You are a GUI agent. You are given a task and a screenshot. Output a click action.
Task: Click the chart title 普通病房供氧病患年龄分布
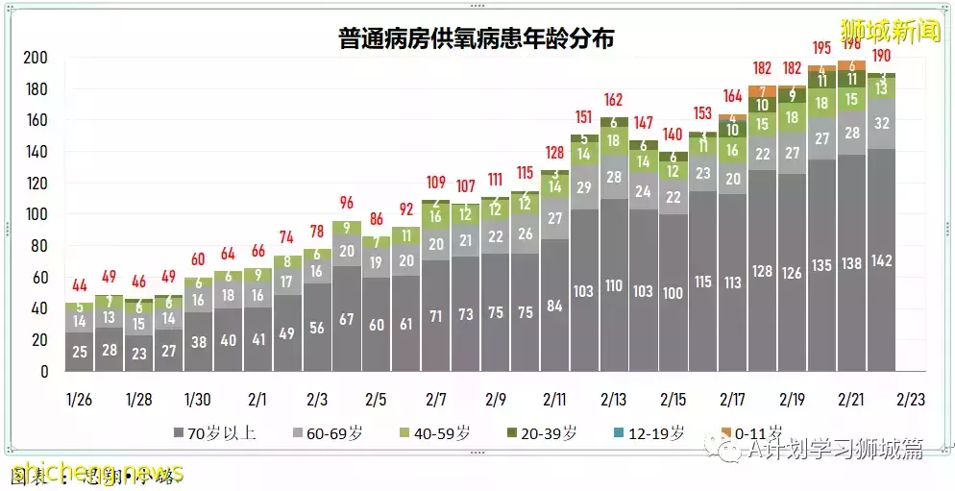pos(477,39)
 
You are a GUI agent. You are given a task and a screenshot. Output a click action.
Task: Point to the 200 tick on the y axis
pos(36,58)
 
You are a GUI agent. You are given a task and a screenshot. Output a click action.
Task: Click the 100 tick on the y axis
pos(36,214)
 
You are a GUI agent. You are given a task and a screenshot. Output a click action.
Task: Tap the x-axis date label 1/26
pos(79,399)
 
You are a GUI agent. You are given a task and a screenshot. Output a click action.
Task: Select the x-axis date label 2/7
pos(436,399)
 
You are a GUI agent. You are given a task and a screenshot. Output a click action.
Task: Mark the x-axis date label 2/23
pos(910,399)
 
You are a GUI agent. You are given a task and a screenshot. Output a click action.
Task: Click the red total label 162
pos(614,100)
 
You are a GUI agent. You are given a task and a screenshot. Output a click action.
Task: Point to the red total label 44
pos(79,285)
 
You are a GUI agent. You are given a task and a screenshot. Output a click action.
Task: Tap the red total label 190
pos(881,55)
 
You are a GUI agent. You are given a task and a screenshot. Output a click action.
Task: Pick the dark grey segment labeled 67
pos(347,319)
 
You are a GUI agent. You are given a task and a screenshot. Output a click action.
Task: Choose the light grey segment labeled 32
pos(881,123)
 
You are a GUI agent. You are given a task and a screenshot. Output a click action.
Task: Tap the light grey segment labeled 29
pos(584,187)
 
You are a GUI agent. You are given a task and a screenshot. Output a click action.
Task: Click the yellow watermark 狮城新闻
pos(890,31)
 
